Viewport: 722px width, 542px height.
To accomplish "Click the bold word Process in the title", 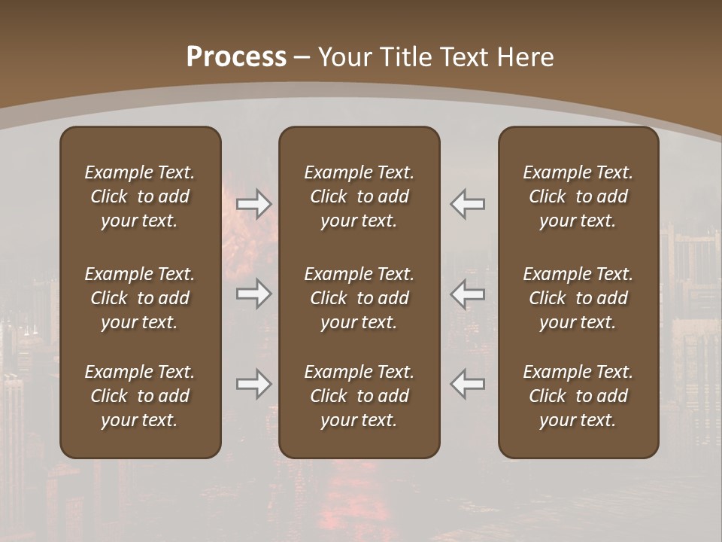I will click(236, 57).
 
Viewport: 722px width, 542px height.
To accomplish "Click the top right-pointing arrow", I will click(253, 204).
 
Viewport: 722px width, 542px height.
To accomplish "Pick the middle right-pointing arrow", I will click(253, 294).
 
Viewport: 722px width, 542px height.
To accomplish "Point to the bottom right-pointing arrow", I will click(253, 384).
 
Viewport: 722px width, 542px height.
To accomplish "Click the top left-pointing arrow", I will click(467, 204).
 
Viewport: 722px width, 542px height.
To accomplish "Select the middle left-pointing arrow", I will click(467, 294).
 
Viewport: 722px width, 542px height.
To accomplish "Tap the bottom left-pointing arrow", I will click(467, 384).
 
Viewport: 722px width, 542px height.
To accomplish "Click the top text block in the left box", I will click(140, 196).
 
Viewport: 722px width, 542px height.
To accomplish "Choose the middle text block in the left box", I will click(140, 298).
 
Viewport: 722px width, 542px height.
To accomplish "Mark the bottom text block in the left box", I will click(140, 396).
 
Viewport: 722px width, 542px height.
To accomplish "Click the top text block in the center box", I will click(359, 196).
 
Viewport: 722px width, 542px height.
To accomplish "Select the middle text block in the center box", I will click(359, 298).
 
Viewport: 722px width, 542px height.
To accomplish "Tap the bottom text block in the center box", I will click(359, 396).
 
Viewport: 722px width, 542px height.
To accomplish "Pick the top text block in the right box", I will click(578, 196).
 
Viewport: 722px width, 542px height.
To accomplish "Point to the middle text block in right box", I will click(578, 298).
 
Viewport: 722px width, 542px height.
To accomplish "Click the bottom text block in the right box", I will click(578, 396).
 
